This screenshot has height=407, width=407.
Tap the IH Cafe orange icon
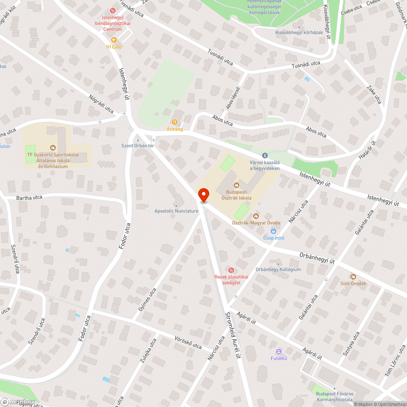114,40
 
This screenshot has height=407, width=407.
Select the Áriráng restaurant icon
175,122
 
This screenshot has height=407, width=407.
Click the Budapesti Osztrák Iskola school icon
236,185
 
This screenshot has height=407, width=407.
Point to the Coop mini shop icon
274,231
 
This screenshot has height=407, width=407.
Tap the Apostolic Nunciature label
176,211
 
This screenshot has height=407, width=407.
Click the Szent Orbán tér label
138,146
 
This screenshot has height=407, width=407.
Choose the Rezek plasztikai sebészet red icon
231,270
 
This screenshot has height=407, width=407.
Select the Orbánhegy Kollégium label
278,269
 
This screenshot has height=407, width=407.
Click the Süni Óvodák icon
352,276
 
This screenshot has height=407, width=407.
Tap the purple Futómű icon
279,351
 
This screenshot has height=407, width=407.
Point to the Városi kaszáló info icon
265,155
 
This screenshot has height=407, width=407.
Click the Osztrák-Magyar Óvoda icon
256,216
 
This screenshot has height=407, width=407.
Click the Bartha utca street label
29,198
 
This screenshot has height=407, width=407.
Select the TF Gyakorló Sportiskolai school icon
53,147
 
